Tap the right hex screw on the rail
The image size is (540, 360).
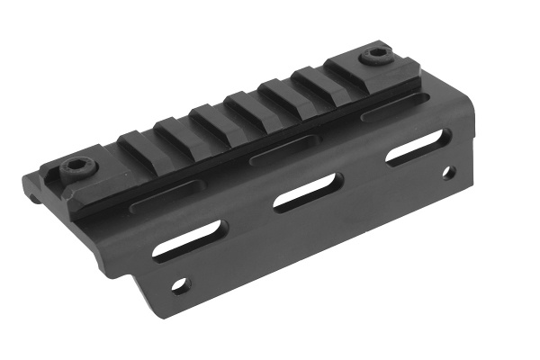tap(374, 58)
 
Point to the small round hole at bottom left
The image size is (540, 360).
tap(182, 285)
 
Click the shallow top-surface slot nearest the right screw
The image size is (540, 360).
tap(387, 114)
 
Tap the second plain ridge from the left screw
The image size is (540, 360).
tap(173, 130)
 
